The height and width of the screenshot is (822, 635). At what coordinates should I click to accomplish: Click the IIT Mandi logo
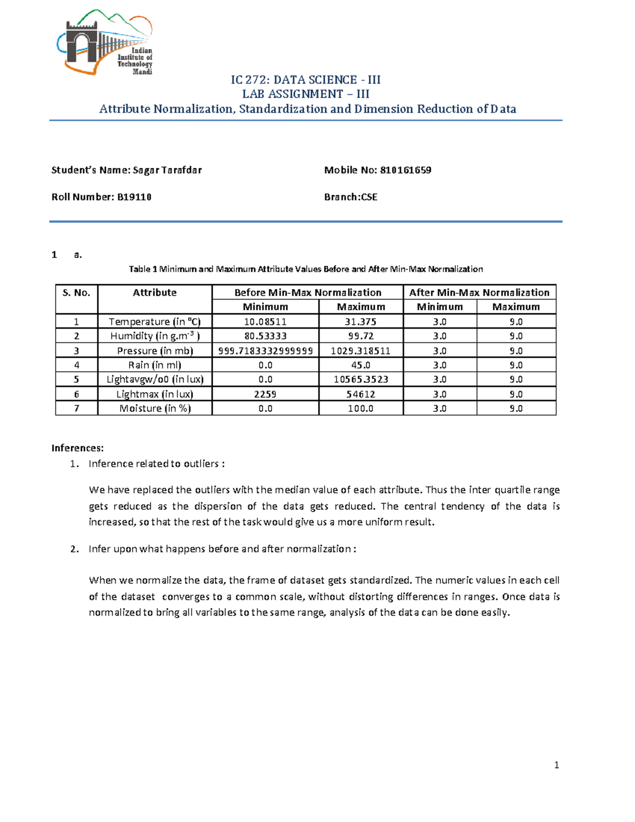[105, 42]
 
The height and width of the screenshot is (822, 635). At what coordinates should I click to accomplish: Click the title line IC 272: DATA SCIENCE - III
[305, 80]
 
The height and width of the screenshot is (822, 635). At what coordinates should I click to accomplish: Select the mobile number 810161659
[405, 170]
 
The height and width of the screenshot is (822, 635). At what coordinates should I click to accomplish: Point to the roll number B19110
[134, 197]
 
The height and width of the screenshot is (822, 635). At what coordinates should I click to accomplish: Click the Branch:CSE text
[351, 197]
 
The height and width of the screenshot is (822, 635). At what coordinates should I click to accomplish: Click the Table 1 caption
[306, 269]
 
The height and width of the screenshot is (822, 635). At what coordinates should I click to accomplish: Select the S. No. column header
[76, 293]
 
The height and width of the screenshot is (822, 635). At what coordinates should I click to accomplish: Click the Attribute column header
[155, 293]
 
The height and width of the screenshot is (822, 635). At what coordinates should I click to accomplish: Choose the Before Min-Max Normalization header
[307, 293]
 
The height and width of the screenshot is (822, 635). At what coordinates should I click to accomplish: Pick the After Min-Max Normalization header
[479, 293]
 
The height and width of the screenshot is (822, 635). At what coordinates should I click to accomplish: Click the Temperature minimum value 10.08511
[265, 322]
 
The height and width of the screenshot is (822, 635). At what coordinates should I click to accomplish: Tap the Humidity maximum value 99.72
[360, 336]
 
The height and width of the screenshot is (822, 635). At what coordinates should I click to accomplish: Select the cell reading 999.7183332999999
[265, 351]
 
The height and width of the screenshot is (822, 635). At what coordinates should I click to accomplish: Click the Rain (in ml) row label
[155, 365]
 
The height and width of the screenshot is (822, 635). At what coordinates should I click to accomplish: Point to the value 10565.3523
[360, 380]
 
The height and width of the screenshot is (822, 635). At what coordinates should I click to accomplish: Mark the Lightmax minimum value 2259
[265, 394]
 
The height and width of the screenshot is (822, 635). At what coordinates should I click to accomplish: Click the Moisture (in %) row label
[155, 409]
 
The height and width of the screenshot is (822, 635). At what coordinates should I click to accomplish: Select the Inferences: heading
[77, 448]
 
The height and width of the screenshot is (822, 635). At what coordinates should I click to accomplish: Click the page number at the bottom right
[556, 765]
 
